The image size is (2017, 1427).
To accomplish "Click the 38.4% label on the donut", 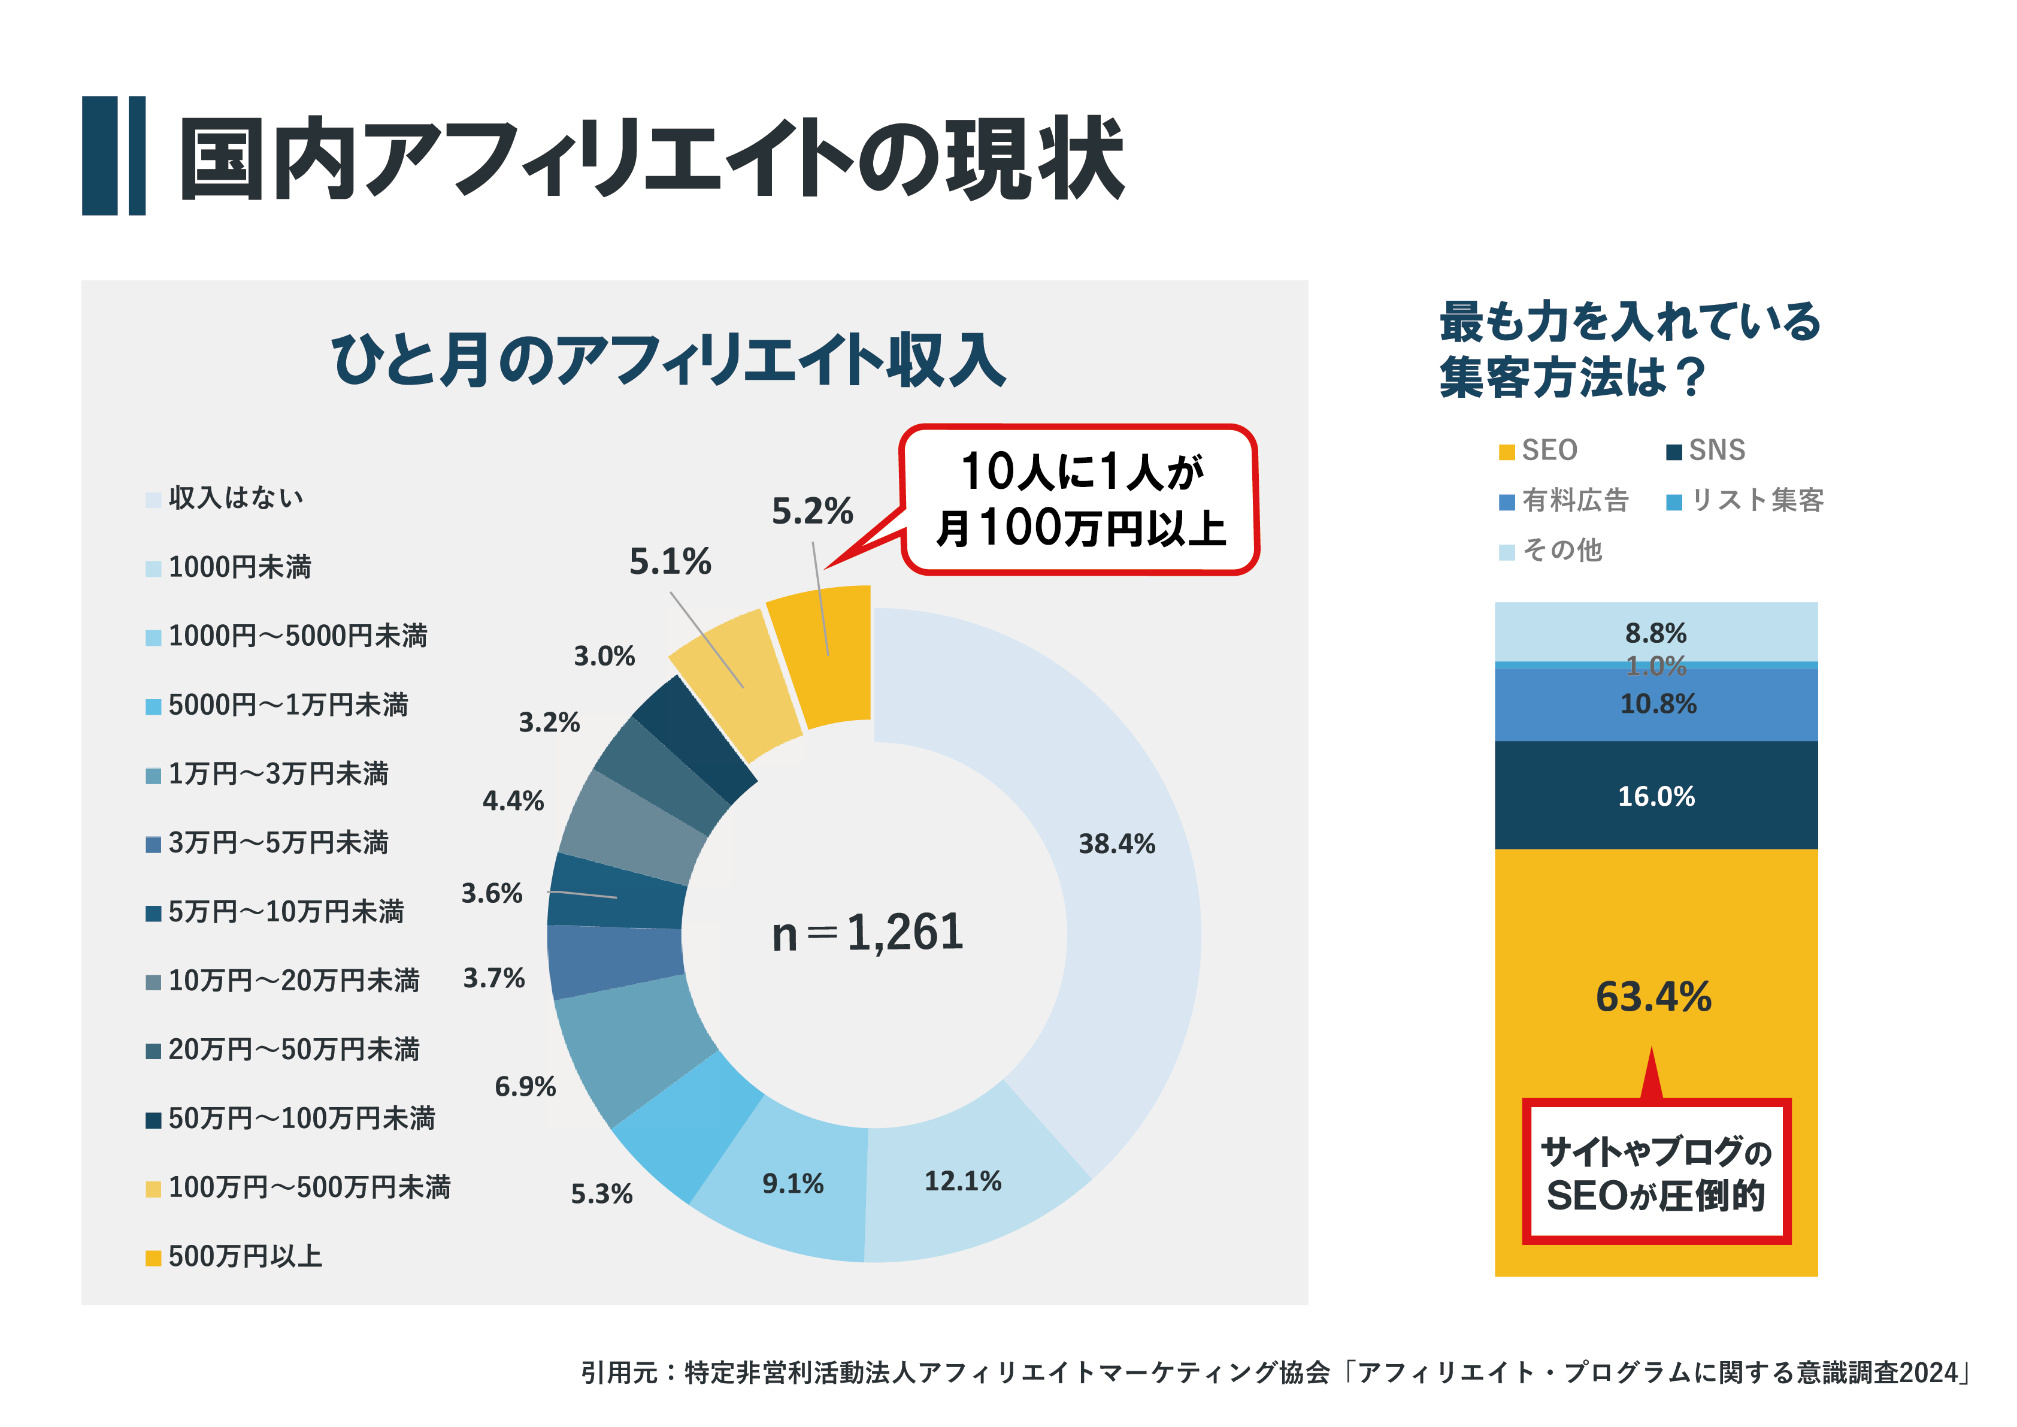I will click(1116, 843).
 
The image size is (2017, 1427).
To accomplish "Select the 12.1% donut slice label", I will click(963, 1181).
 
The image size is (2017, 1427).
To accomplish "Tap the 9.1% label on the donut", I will click(792, 1184).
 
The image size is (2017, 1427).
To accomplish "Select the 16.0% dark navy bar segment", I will click(1656, 796).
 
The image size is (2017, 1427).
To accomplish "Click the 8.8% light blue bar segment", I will click(1656, 633).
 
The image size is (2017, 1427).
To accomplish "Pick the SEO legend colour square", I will click(1507, 452).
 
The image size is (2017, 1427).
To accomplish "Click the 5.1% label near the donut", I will click(670, 561).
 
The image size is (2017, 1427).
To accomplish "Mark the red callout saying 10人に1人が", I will click(1080, 499).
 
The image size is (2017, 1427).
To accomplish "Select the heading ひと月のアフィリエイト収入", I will click(668, 360).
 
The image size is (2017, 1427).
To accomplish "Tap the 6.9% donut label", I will click(525, 1087).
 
